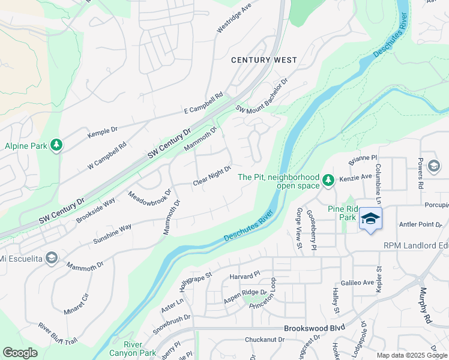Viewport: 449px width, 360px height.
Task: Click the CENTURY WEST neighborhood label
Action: tap(264, 60)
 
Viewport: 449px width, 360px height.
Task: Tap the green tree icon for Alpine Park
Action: tap(56, 145)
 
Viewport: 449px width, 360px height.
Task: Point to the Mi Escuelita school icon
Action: tap(52, 258)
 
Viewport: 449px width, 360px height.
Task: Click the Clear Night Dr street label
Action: tap(212, 176)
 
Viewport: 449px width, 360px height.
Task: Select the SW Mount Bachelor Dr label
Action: tap(262, 96)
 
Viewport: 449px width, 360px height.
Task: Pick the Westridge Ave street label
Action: tap(234, 20)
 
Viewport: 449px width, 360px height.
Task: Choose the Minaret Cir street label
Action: tap(76, 304)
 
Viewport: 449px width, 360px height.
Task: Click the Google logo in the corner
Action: tap(20, 352)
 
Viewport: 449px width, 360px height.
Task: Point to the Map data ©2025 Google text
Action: tap(412, 355)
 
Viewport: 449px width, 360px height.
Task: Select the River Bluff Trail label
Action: tap(58, 335)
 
